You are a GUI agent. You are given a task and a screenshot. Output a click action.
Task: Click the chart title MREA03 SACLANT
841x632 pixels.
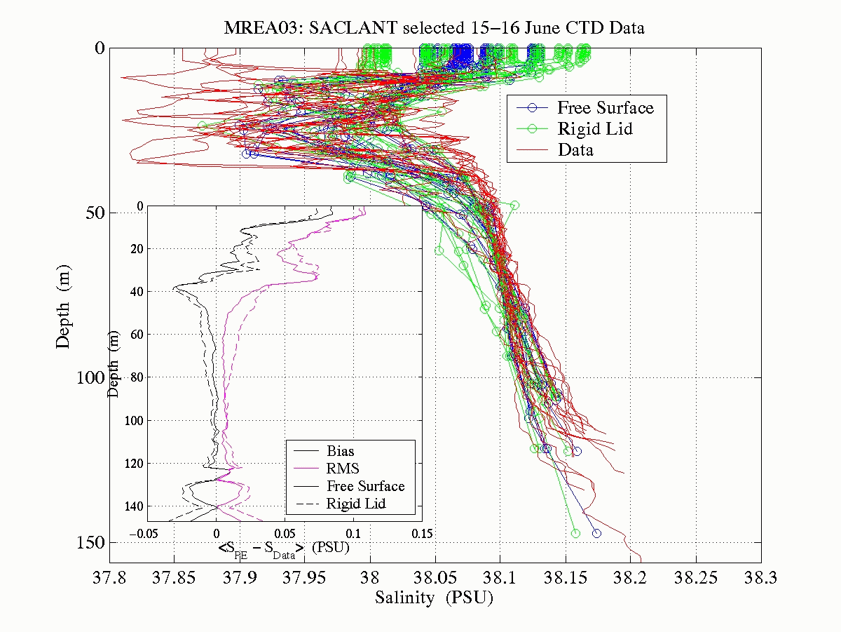pyautogui.click(x=434, y=29)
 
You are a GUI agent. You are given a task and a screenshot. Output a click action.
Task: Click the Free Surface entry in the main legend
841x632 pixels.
pyautogui.click(x=605, y=107)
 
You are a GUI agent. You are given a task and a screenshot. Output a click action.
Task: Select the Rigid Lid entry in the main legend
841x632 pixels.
pyautogui.click(x=595, y=128)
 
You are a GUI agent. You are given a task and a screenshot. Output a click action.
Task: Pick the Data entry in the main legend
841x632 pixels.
pyautogui.click(x=575, y=149)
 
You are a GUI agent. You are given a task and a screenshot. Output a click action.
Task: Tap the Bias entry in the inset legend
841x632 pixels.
pyautogui.click(x=341, y=451)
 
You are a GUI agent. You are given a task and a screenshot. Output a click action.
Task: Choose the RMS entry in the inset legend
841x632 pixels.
pyautogui.click(x=343, y=469)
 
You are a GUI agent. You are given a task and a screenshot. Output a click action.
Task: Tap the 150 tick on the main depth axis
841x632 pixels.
pyautogui.click(x=88, y=543)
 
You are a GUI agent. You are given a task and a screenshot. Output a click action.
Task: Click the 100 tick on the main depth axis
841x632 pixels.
pyautogui.click(x=88, y=377)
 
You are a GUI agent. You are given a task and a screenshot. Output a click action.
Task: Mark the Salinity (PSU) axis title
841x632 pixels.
pyautogui.click(x=435, y=598)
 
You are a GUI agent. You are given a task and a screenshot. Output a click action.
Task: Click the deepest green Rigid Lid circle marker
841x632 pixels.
pyautogui.click(x=575, y=533)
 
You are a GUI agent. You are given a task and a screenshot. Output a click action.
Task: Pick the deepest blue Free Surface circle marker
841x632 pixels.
pyautogui.click(x=596, y=533)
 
